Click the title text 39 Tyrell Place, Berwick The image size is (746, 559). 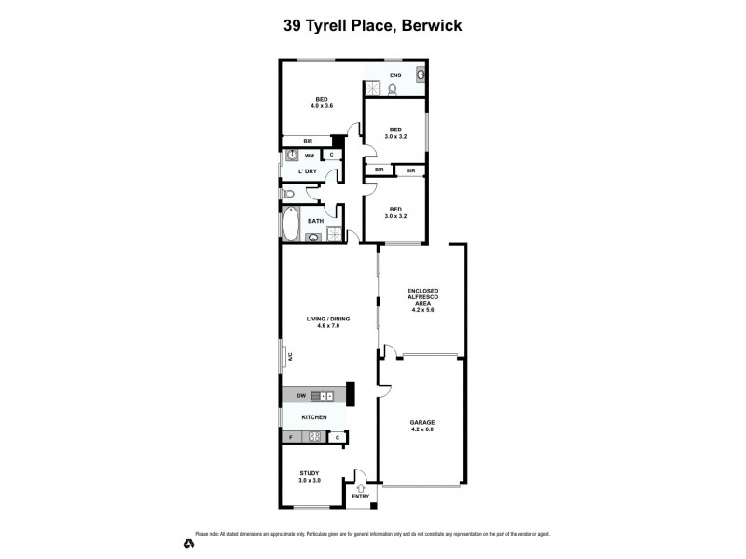(373, 26)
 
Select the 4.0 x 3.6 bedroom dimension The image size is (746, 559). (322, 106)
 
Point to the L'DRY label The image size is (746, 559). (308, 171)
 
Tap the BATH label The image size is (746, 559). (316, 221)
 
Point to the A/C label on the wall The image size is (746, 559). (290, 356)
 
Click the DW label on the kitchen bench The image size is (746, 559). (301, 396)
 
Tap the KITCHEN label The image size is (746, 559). (313, 417)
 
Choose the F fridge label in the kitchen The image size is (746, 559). (290, 437)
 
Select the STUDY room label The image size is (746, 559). (310, 473)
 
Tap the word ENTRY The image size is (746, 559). (360, 496)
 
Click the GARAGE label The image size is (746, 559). (422, 422)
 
